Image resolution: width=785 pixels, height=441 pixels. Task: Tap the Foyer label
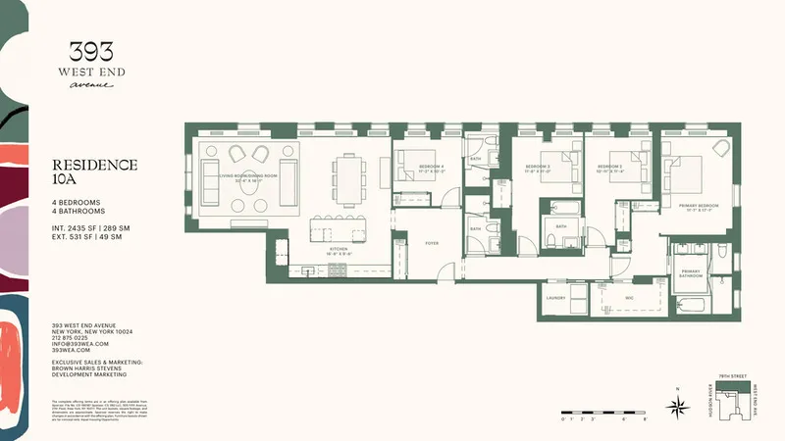click(431, 241)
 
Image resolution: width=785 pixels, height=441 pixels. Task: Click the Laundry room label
click(556, 297)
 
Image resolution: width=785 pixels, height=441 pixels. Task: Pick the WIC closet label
click(628, 297)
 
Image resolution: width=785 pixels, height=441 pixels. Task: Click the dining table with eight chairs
click(348, 174)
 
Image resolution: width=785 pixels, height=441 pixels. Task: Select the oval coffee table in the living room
click(247, 202)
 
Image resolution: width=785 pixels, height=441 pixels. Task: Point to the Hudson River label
click(707, 403)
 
